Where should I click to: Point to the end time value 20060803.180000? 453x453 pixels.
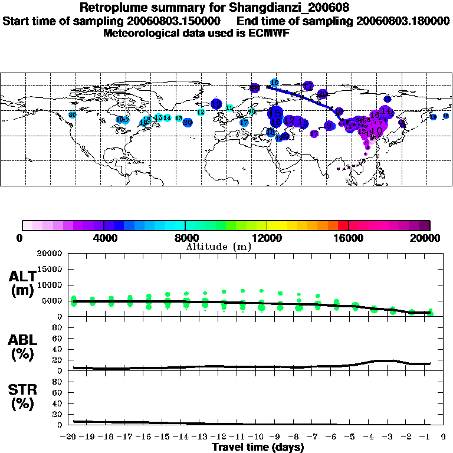coord(403,21)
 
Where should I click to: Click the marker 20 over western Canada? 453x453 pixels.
coord(72,114)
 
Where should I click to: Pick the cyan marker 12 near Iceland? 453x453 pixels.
coord(201,111)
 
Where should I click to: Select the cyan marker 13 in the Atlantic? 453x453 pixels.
coord(179,119)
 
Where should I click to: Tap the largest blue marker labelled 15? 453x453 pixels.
coord(275,112)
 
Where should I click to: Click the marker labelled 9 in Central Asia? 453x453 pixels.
coord(329,125)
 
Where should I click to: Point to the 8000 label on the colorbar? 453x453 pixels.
coord(185,239)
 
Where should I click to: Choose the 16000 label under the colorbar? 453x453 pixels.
coord(349,239)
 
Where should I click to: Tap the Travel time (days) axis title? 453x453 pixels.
coord(258,447)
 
